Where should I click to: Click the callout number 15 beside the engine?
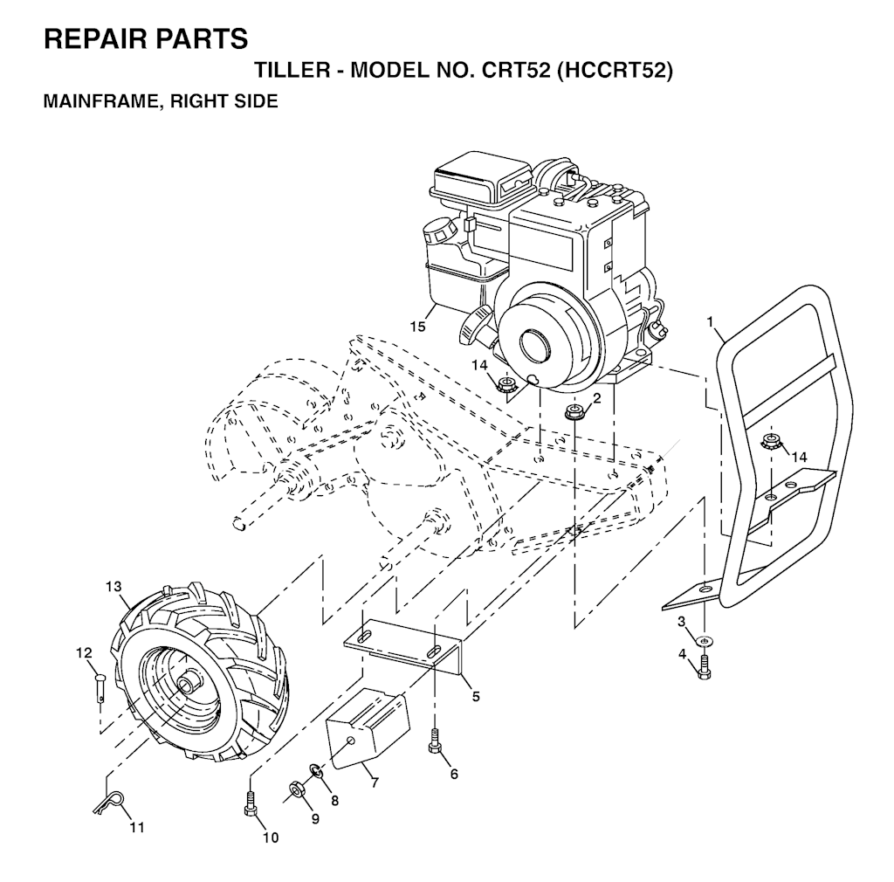click(418, 327)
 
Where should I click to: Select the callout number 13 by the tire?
click(113, 587)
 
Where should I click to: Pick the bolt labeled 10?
click(250, 803)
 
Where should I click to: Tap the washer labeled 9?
click(295, 791)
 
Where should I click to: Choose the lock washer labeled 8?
click(315, 772)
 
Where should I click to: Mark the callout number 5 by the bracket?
click(475, 697)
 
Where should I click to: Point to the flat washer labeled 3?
click(705, 642)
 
